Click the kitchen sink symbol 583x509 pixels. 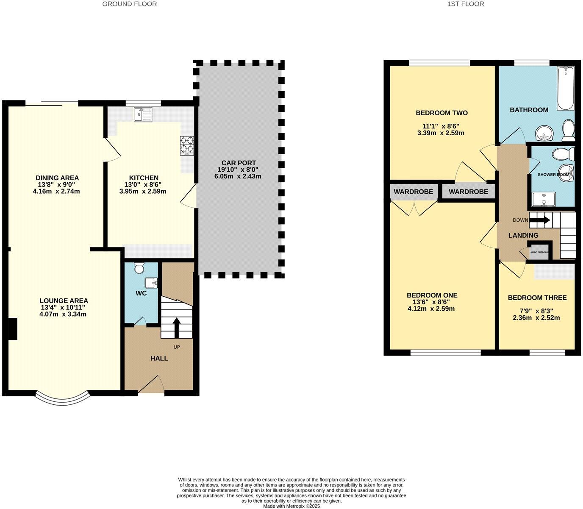pos(143,114)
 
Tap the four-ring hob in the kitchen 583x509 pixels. pos(187,145)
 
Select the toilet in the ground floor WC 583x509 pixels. pos(139,268)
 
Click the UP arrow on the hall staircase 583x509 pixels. pos(176,327)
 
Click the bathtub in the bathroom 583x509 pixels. pos(565,89)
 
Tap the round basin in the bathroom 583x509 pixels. pos(544,134)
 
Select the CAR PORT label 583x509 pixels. pos(239,163)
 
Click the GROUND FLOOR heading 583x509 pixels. pos(130,4)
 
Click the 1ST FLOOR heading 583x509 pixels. pos(465,4)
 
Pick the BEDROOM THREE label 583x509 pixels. pos(537,298)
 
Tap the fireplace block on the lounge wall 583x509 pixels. pos(13,329)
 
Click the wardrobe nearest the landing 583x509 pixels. pos(468,192)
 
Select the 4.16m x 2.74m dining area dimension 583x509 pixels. pos(56,191)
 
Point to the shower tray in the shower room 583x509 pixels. pos(544,199)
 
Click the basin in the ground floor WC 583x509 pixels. pos(151,282)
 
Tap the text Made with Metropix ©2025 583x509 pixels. pos(291,506)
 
